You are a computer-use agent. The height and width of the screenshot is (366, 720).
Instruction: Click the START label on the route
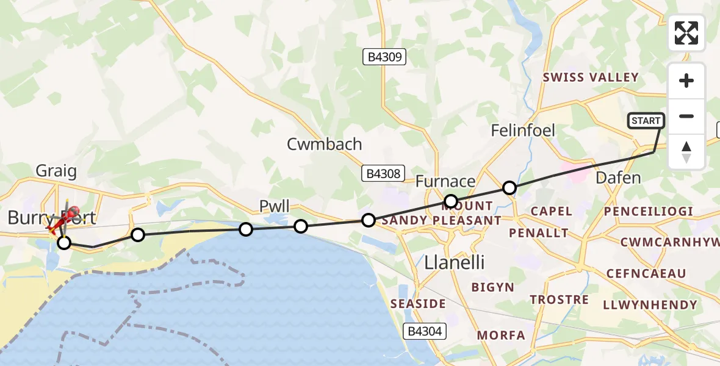(x=646, y=121)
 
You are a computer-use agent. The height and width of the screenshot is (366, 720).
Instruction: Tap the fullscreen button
(x=686, y=33)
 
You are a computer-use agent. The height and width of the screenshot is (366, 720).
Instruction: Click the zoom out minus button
(x=686, y=116)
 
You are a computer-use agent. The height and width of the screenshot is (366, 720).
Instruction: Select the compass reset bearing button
(x=686, y=151)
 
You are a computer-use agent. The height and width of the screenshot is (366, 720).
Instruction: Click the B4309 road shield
(x=384, y=57)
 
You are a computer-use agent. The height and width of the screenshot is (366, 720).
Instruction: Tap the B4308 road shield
(x=384, y=173)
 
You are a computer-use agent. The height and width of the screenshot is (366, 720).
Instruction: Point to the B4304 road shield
(x=425, y=331)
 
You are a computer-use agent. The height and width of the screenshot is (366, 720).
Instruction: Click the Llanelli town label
(x=454, y=262)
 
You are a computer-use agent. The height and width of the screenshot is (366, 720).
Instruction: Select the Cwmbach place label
(x=325, y=145)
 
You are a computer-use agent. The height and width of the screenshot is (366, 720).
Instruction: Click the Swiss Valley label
(x=591, y=77)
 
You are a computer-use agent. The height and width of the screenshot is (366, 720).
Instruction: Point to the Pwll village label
(x=275, y=206)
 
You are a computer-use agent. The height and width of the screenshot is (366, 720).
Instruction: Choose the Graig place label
(x=56, y=171)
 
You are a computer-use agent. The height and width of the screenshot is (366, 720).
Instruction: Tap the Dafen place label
(x=618, y=178)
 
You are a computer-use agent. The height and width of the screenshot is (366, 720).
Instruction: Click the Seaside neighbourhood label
(x=419, y=303)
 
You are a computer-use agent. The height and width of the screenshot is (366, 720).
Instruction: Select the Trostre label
(x=559, y=300)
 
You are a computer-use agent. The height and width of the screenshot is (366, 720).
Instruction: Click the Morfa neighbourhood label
(x=501, y=335)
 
